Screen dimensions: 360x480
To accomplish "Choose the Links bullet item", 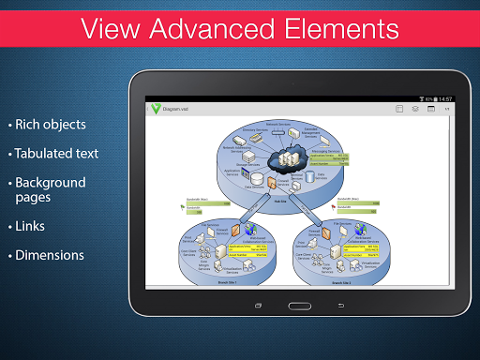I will (x=30, y=226).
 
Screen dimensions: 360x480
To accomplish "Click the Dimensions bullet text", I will (x=49, y=255).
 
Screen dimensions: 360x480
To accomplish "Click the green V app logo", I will (x=156, y=109).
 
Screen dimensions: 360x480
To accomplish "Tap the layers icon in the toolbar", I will (x=415, y=110).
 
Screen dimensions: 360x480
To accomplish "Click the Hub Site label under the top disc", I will (x=279, y=200).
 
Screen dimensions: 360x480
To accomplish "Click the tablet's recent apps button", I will (x=258, y=306).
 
